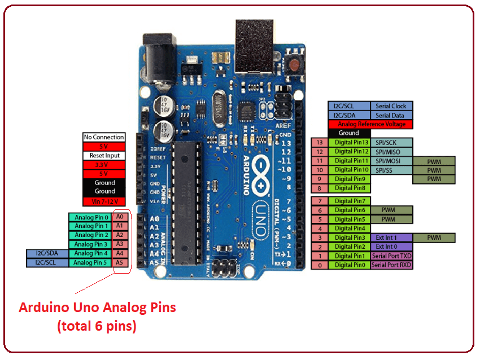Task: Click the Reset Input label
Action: [x=104, y=155]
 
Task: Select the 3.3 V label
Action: [x=104, y=165]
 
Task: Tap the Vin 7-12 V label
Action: [x=104, y=201]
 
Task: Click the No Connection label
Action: [x=104, y=137]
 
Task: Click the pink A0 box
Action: [x=119, y=217]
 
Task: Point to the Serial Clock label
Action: [x=391, y=106]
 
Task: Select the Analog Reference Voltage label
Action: [x=370, y=124]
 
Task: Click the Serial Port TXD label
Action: [x=391, y=256]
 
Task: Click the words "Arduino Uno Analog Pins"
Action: [x=97, y=308]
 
